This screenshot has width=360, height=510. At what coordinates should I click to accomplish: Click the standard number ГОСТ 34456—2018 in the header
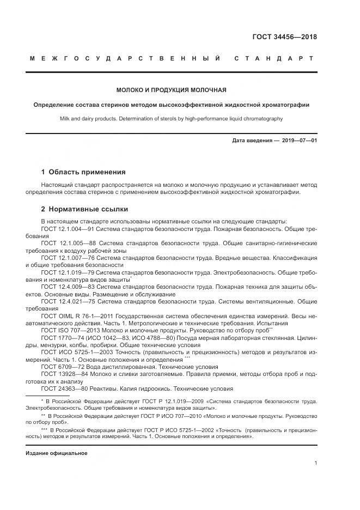click(x=284, y=38)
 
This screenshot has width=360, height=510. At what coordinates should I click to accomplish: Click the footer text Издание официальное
click(x=56, y=453)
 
